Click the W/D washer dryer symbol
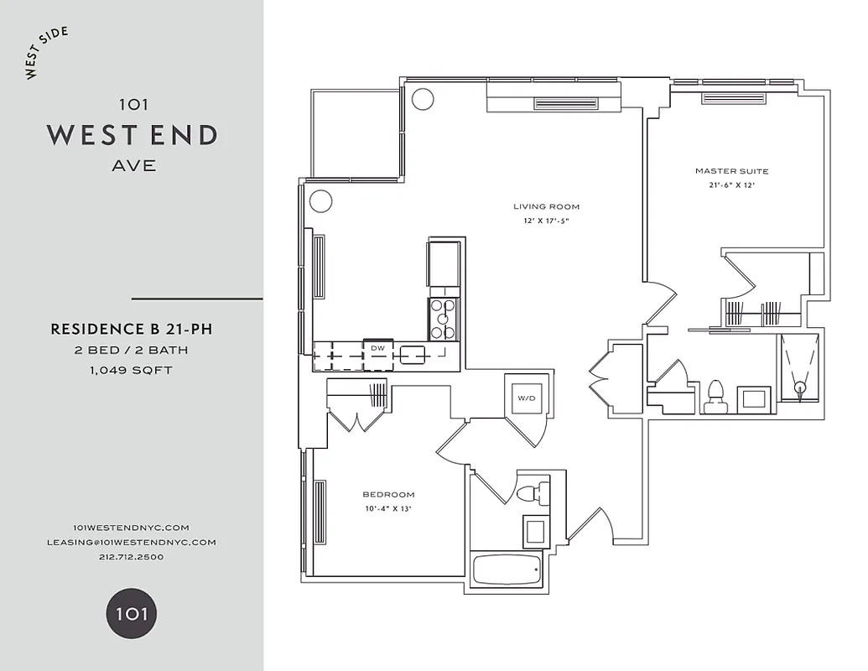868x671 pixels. pos(526,398)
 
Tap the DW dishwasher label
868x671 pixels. pos(377,347)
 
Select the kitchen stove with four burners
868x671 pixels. pos(443,320)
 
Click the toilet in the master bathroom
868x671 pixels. pos(715,396)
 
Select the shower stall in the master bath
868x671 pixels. pos(798,366)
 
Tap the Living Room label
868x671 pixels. pos(546,206)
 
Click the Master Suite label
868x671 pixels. pos(731,171)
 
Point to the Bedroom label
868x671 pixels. pos(387,495)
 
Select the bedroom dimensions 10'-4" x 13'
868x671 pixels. pos(387,509)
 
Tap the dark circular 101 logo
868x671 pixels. pos(131,613)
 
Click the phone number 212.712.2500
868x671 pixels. pos(132,557)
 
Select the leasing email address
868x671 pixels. pos(132,542)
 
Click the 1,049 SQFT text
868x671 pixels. pos(132,370)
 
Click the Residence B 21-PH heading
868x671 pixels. pos(132,330)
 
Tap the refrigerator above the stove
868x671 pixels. pos(444,263)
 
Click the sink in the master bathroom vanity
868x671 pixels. pos(754,398)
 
